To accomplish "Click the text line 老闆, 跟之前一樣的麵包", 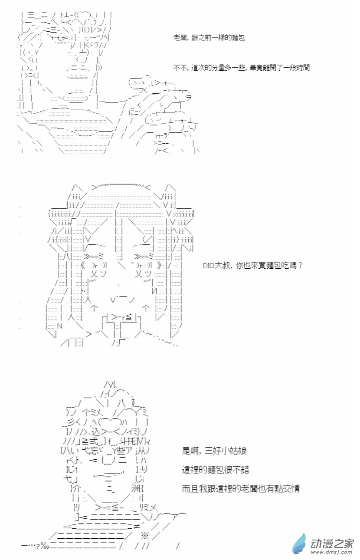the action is (x=209, y=38).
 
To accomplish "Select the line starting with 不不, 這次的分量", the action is (x=241, y=67).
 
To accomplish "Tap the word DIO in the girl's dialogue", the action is (x=209, y=266).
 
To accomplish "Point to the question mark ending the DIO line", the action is (x=300, y=265).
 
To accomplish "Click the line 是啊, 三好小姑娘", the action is (x=214, y=451).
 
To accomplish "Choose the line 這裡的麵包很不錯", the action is (x=216, y=470).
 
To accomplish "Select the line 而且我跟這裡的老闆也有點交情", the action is (x=241, y=488).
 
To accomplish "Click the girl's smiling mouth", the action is (x=122, y=299).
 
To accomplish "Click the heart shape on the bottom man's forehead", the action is (x=110, y=422).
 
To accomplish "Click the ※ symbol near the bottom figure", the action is (x=145, y=536).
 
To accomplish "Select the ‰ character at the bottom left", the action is (x=45, y=547).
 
